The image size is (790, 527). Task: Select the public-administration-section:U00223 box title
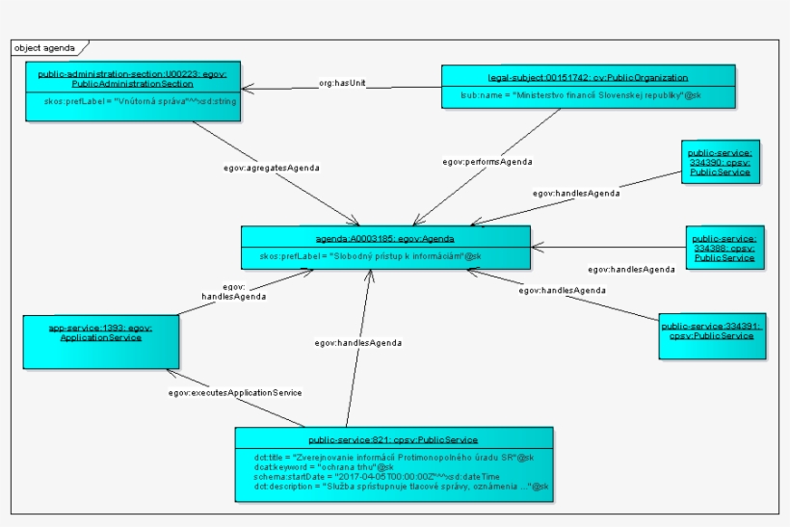point(132,79)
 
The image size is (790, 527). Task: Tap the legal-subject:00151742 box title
point(588,76)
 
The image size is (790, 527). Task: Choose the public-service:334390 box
point(721,162)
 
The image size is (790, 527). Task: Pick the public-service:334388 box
point(724,247)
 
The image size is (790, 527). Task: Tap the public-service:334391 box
point(711,330)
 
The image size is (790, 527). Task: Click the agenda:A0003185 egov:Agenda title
point(384,237)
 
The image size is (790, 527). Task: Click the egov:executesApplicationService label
point(235,392)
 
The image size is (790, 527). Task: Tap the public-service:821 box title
point(393,439)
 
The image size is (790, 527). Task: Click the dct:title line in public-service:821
point(393,456)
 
